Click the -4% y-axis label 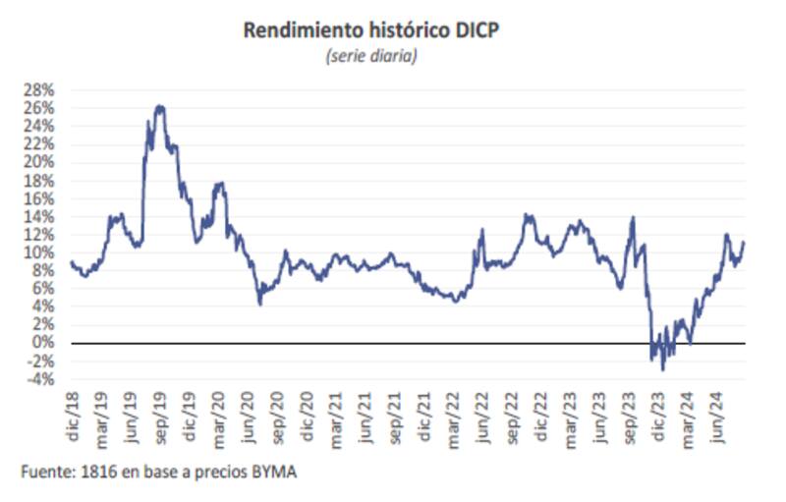(42, 378)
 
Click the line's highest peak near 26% (159, 106)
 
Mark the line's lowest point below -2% (663, 369)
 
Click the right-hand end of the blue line (744, 242)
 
